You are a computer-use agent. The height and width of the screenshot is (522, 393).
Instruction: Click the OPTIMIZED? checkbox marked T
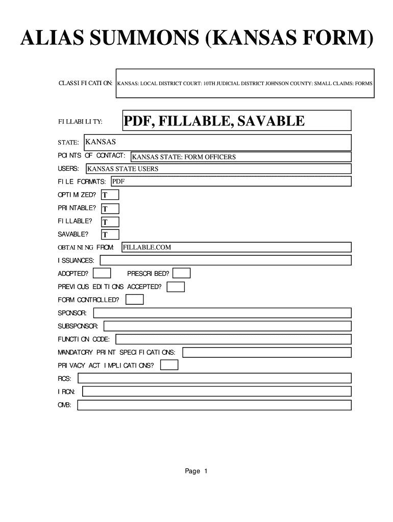pyautogui.click(x=110, y=195)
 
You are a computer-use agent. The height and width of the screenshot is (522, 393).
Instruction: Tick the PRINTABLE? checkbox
pyautogui.click(x=110, y=208)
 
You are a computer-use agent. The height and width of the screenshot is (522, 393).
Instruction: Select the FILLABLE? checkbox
pyautogui.click(x=110, y=222)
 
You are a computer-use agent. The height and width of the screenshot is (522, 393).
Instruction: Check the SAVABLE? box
pyautogui.click(x=110, y=234)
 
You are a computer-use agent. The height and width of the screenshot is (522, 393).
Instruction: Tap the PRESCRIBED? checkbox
pyautogui.click(x=182, y=274)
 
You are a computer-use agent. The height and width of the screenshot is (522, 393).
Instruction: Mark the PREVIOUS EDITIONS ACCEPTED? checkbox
pyautogui.click(x=176, y=287)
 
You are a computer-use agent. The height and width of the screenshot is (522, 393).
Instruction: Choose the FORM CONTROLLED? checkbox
pyautogui.click(x=135, y=300)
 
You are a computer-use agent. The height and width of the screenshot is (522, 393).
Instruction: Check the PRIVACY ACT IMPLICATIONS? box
pyautogui.click(x=169, y=365)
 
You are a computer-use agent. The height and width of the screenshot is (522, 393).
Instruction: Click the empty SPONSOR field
pyautogui.click(x=222, y=312)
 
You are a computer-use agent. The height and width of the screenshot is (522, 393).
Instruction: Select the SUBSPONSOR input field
pyautogui.click(x=228, y=326)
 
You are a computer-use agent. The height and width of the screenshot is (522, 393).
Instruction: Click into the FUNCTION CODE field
pyautogui.click(x=234, y=339)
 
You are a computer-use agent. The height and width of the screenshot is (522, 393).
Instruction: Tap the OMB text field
pyautogui.click(x=214, y=405)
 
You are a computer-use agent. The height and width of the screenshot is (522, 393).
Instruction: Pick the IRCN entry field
pyautogui.click(x=216, y=391)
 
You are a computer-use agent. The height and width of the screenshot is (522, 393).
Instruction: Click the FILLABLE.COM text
pyautogui.click(x=146, y=247)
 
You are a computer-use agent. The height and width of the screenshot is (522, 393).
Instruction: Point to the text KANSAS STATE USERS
pyautogui.click(x=123, y=169)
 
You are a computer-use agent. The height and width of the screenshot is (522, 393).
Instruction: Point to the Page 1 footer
pyautogui.click(x=196, y=472)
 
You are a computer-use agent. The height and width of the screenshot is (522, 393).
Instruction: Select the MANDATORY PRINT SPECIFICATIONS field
pyautogui.click(x=267, y=352)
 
